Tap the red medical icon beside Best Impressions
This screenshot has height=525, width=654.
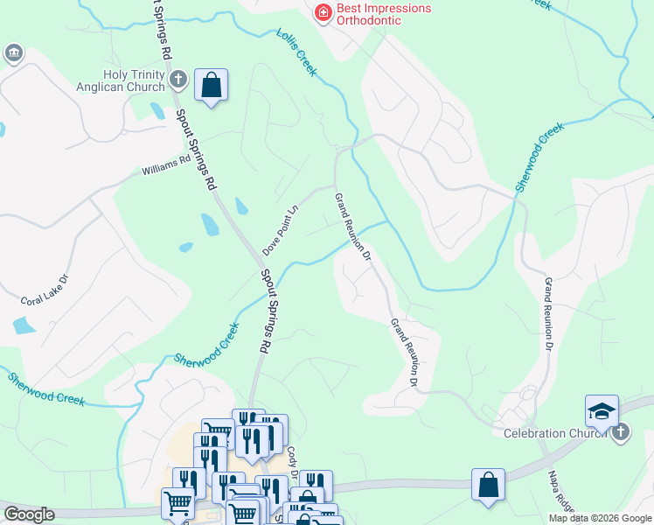coord(323,12)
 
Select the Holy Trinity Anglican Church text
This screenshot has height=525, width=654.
coord(134,80)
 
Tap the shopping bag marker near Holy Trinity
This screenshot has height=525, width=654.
coord(211,86)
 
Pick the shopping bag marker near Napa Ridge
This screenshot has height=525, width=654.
coord(488,486)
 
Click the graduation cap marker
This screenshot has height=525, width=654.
coord(602,411)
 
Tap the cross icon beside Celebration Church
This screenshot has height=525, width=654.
coord(620,431)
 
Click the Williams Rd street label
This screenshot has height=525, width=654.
coord(166,165)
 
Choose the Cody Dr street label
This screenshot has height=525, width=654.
coord(293,461)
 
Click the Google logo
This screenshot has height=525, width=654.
coord(29,514)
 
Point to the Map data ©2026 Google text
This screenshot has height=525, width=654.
coord(600,518)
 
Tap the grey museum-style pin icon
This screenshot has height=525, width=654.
coord(13,54)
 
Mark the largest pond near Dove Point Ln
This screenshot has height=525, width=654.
coord(210,225)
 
